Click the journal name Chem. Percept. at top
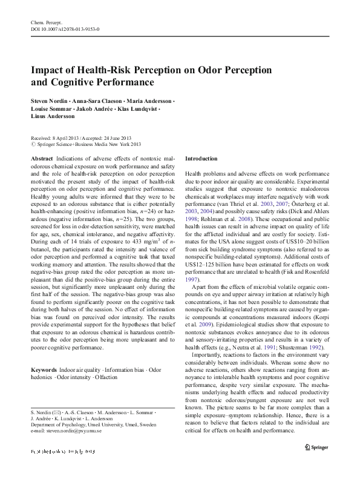click(x=46, y=22)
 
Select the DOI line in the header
click(x=65, y=28)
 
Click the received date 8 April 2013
click(x=68, y=138)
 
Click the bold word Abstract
click(x=41, y=157)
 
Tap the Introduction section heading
click(x=201, y=158)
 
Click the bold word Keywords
click(x=44, y=369)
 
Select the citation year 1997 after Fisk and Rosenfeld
click(x=191, y=263)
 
